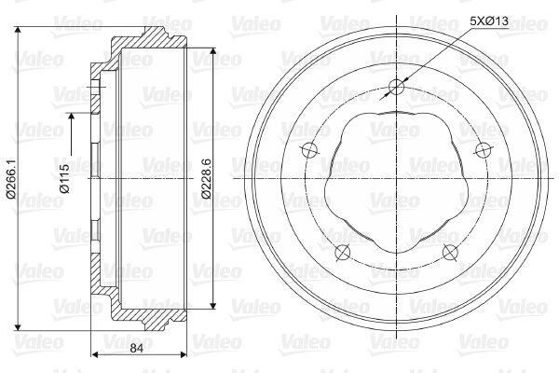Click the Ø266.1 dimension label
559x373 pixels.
click(x=11, y=179)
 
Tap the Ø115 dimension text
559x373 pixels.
click(x=65, y=178)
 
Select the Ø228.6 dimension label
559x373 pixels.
click(x=207, y=178)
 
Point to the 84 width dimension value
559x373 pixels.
click(x=136, y=348)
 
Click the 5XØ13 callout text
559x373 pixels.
click(x=489, y=21)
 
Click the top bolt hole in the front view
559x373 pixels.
click(x=396, y=87)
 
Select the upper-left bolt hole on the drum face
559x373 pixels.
click(x=309, y=150)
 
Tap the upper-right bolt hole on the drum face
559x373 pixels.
click(x=483, y=150)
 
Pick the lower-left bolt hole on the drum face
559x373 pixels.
click(x=343, y=253)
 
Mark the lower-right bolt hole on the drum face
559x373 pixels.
click(x=450, y=253)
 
